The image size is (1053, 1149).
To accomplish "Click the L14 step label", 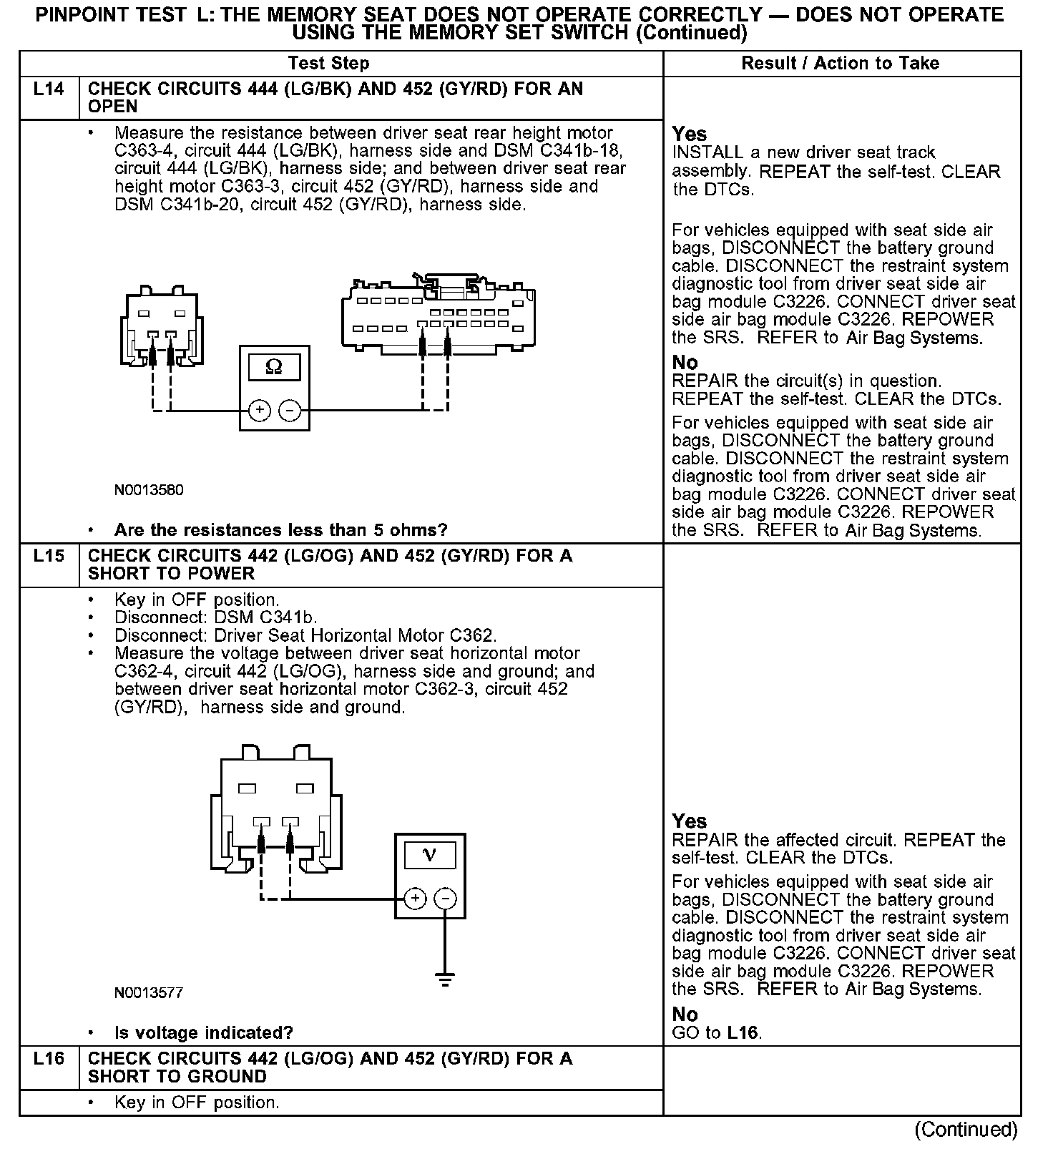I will point(49,89).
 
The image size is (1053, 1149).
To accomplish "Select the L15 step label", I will point(49,556).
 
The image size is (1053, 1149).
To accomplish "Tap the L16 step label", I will point(49,1059).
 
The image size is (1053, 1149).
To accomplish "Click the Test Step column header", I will point(328,64).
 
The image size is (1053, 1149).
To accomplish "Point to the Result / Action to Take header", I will point(840,64).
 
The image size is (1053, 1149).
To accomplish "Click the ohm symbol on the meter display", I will point(273,368).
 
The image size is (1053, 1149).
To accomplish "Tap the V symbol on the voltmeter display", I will point(430,854).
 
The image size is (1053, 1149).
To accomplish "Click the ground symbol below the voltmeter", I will point(445,979).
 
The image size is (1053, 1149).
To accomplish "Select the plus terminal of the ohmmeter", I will point(259,411).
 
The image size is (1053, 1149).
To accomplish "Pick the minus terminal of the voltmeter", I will point(445,899).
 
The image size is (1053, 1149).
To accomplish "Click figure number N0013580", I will point(149,491).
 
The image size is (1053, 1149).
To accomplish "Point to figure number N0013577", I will point(149,993).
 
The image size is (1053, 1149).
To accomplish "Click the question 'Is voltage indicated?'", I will point(204,1033).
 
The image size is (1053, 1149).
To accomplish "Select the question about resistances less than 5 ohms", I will point(280,530).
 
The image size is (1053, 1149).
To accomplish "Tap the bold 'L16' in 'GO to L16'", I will point(743,1033).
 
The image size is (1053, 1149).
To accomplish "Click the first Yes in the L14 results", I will point(690,135).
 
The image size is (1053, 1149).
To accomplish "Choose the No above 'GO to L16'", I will point(685,1014).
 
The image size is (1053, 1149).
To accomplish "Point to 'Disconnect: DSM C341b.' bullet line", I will point(215,617).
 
